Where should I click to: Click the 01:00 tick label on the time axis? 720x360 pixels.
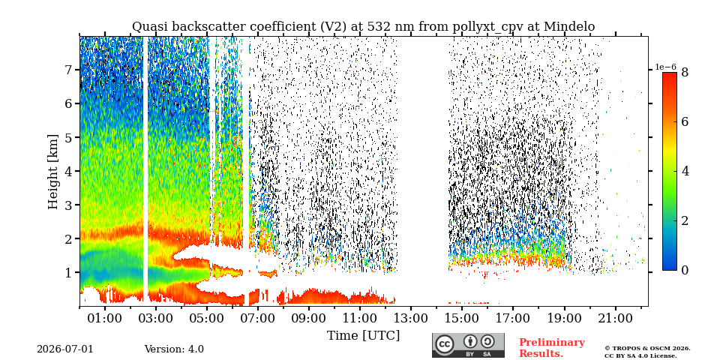(105, 318)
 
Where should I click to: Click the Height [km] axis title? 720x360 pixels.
(53, 172)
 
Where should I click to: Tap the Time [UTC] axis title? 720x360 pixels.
(363, 336)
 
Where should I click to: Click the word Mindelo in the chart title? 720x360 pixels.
(569, 27)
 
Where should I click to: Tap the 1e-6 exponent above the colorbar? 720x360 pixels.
(665, 67)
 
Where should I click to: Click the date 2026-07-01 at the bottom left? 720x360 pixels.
(65, 349)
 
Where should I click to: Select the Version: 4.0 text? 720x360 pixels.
(174, 349)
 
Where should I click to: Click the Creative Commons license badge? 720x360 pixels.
(468, 345)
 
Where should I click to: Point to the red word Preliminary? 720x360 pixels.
(552, 343)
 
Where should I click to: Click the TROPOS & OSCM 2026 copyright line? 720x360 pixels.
(647, 349)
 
